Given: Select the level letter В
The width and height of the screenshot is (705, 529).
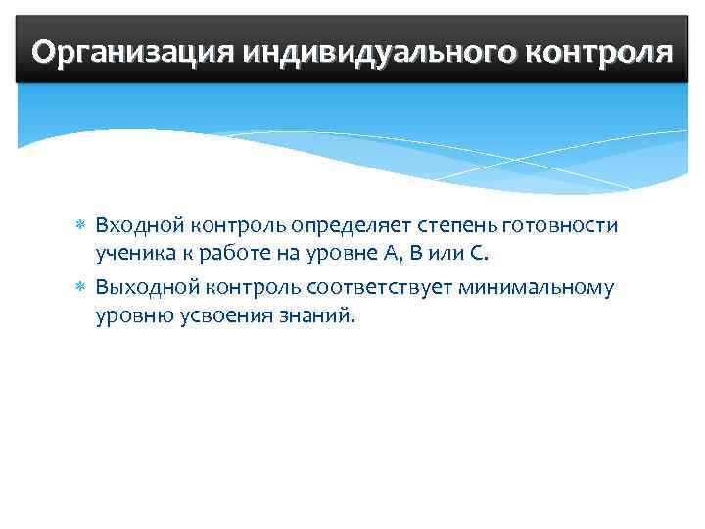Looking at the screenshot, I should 415,257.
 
